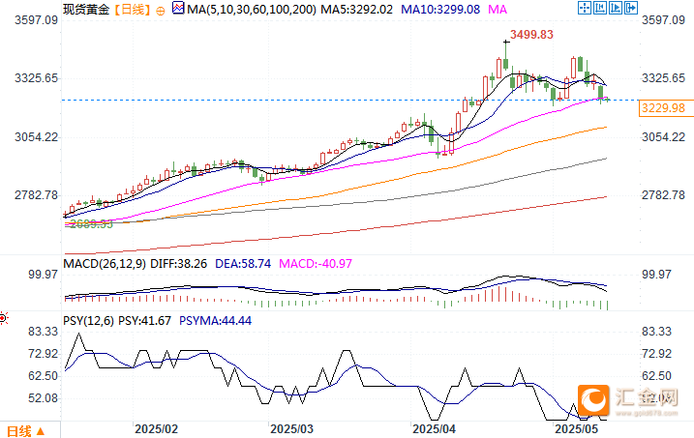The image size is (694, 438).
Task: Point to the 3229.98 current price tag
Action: click(x=663, y=108)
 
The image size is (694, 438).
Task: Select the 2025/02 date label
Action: click(x=157, y=428)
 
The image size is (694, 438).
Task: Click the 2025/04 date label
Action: click(x=435, y=428)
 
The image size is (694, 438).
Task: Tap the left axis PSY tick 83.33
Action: click(x=44, y=332)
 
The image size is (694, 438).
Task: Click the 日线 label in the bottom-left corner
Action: click(x=20, y=430)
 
